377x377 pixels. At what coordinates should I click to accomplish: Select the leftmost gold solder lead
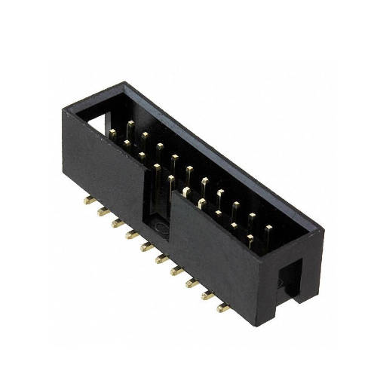[89, 201]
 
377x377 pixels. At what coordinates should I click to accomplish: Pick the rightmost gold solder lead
[223, 308]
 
